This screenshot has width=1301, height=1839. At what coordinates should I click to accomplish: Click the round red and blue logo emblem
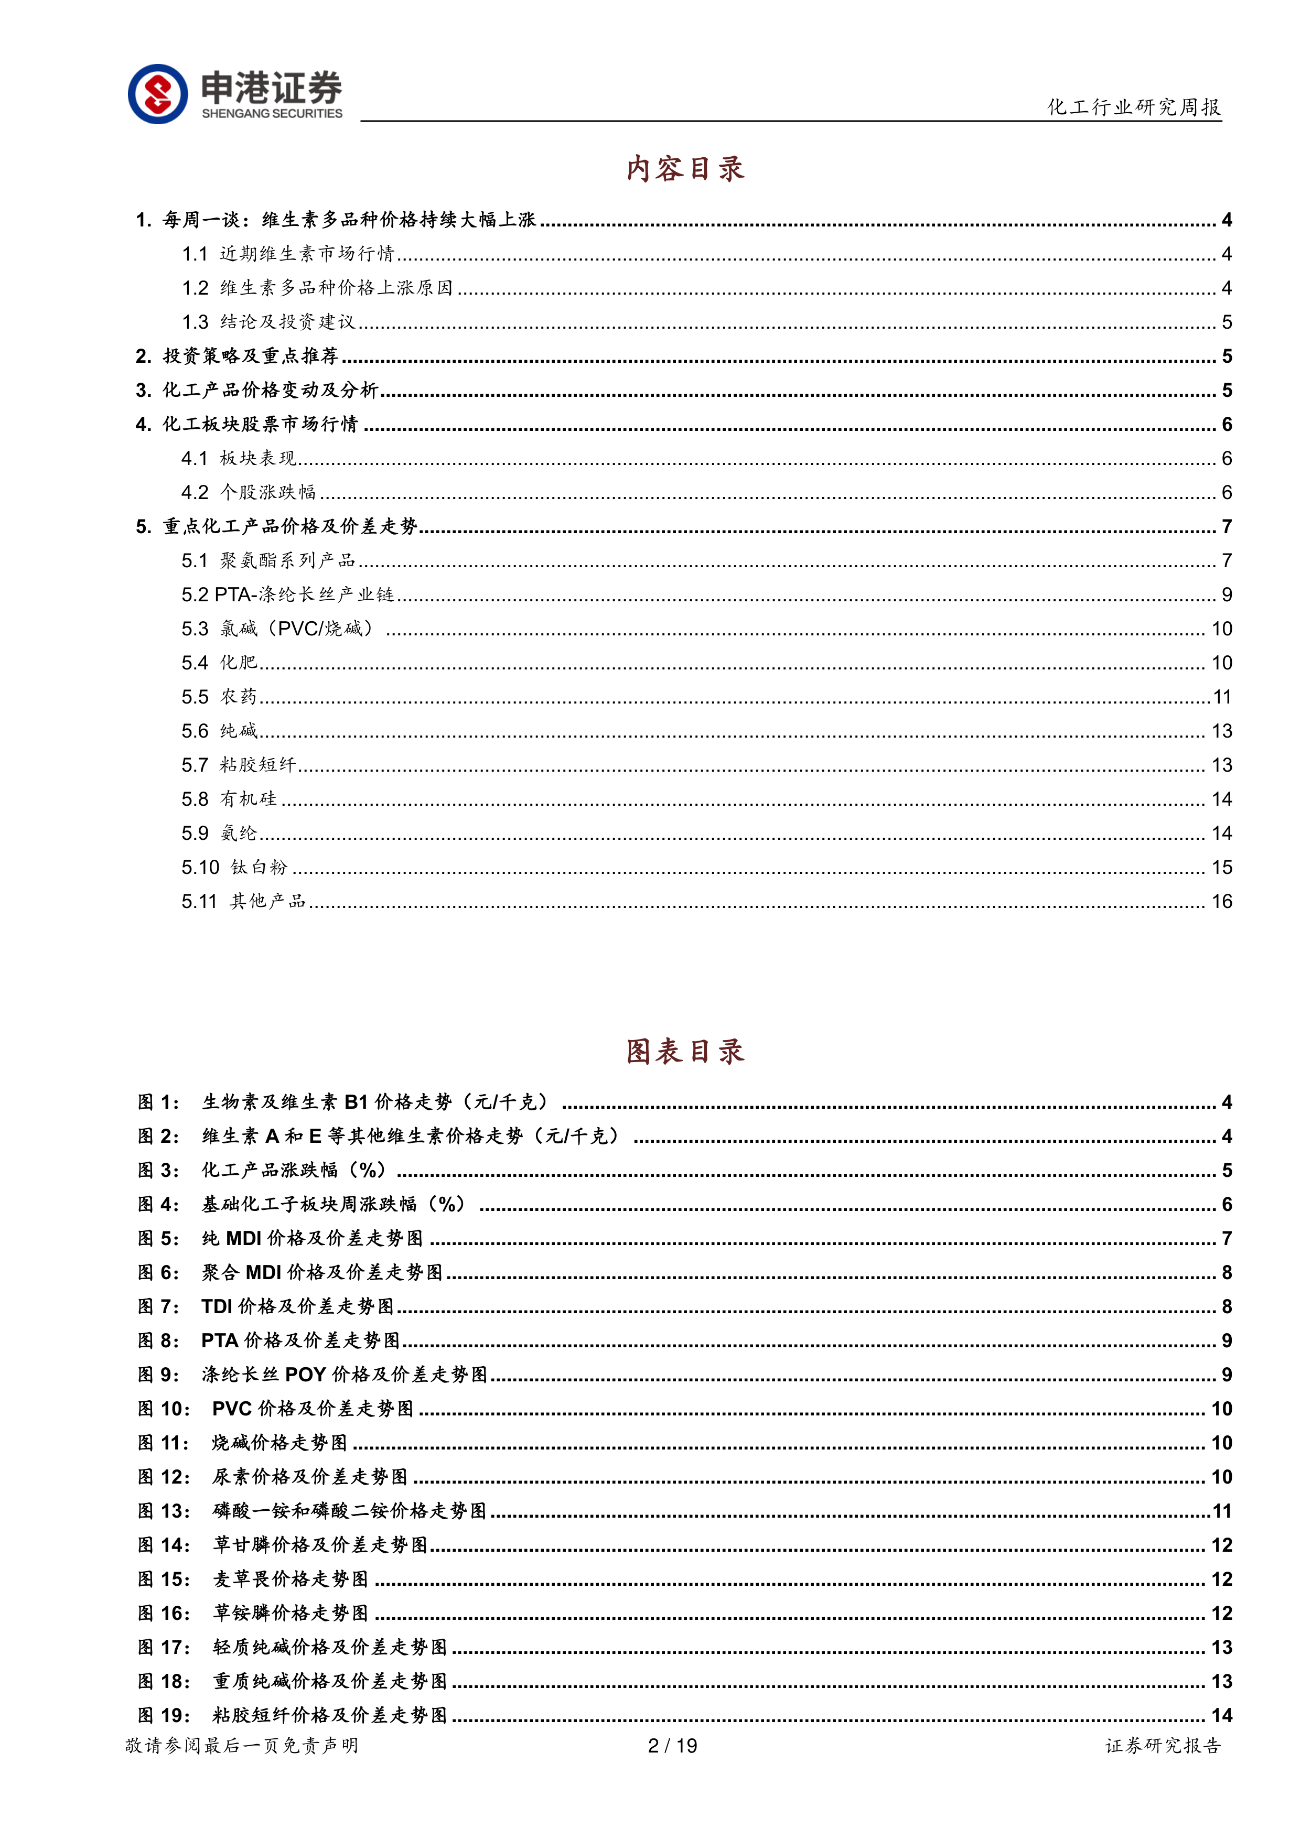(x=158, y=94)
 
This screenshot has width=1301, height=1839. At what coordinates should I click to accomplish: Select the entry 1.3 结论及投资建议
(x=268, y=322)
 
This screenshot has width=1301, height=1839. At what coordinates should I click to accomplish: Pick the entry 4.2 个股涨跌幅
(x=249, y=492)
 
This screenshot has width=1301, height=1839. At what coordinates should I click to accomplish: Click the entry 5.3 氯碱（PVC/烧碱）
(x=277, y=629)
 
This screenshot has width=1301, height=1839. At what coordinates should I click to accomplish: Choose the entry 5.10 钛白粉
(x=234, y=868)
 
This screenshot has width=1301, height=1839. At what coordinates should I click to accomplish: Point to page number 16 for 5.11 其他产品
(x=1221, y=902)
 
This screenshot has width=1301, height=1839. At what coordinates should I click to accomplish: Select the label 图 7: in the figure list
(x=158, y=1307)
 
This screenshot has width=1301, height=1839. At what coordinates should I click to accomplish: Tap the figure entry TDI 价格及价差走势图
(x=297, y=1307)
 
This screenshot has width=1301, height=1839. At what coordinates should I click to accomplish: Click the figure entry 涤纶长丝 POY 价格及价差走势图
(x=345, y=1375)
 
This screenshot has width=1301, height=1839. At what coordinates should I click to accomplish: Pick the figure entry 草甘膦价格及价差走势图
(x=320, y=1545)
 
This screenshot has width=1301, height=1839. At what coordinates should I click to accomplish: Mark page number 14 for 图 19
(x=1221, y=1716)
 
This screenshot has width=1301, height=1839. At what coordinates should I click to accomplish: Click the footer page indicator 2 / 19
(x=672, y=1746)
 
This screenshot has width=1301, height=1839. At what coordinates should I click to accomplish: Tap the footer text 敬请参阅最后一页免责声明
(x=242, y=1746)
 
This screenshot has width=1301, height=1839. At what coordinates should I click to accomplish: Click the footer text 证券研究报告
(x=1163, y=1746)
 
